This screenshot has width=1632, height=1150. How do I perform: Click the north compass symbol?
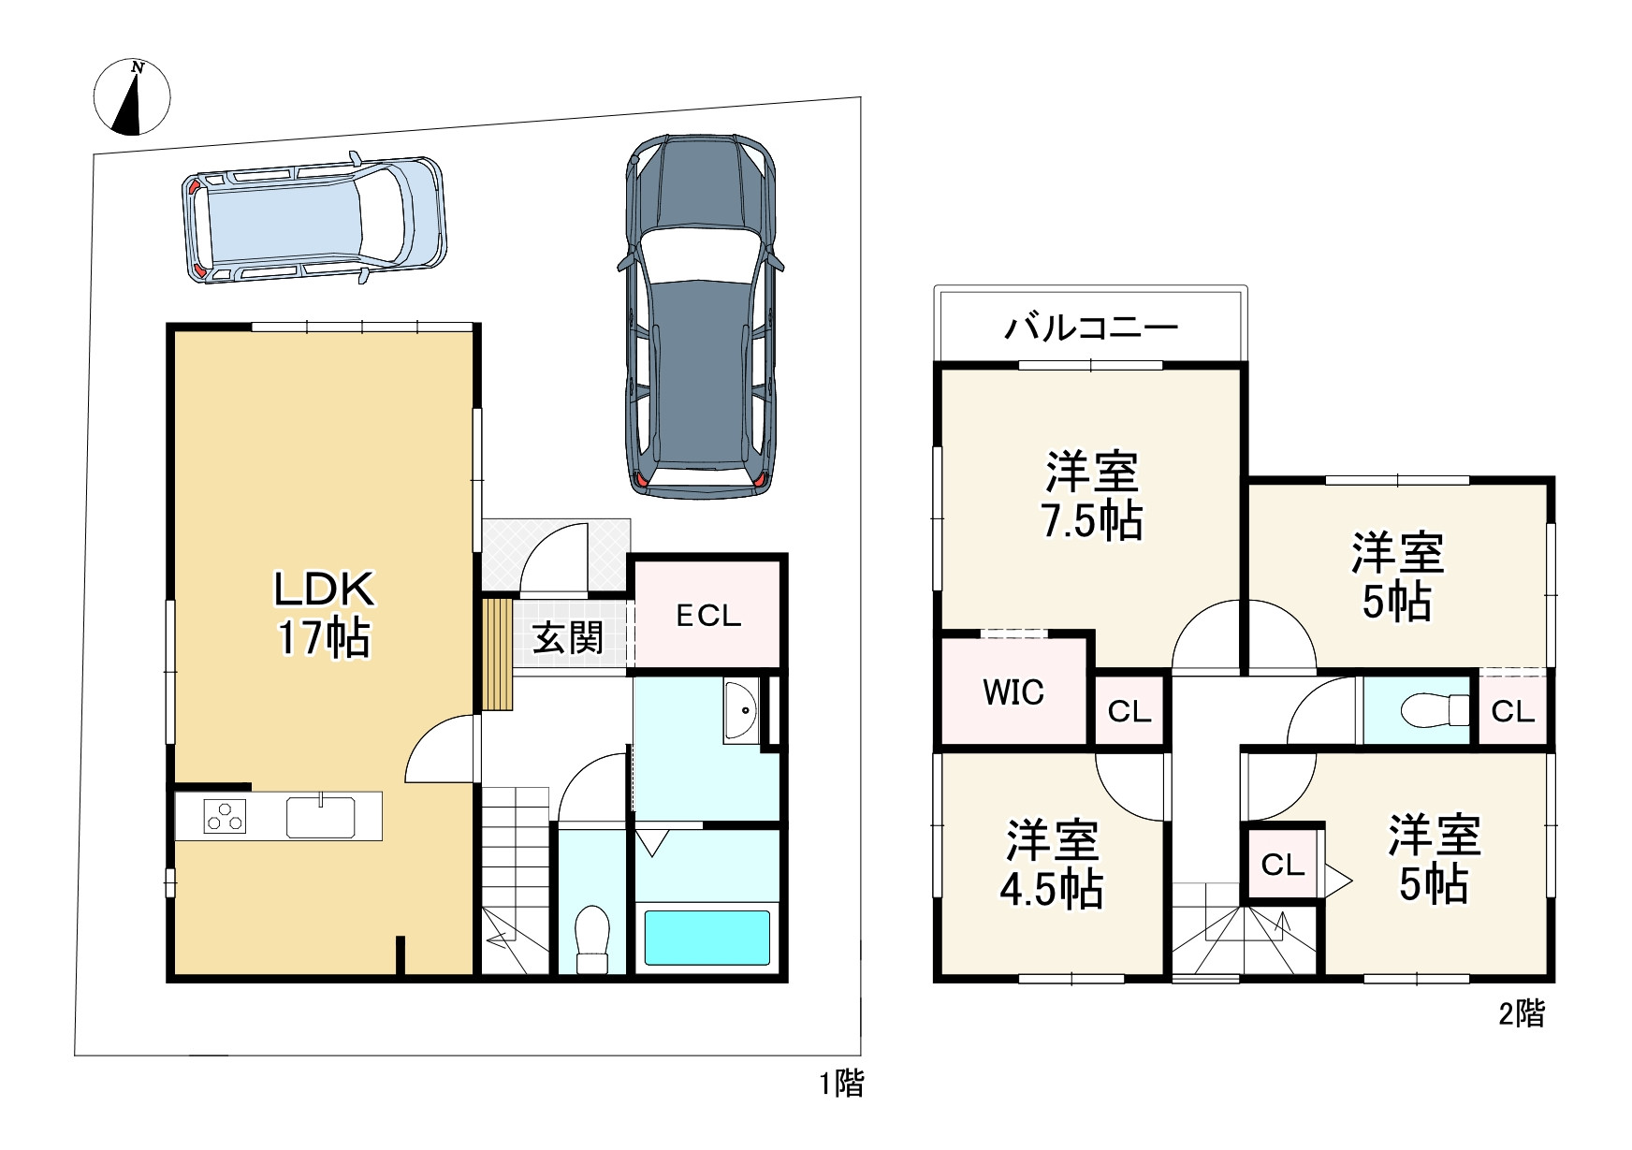[x=133, y=96]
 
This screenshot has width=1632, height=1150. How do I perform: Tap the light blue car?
[x=313, y=219]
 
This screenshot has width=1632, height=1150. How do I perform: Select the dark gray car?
[x=699, y=315]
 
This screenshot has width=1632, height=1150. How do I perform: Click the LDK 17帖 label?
[x=324, y=614]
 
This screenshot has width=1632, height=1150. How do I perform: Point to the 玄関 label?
[x=568, y=638]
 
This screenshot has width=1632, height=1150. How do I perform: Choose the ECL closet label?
[x=708, y=616]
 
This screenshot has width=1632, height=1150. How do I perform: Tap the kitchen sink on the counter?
[x=321, y=816]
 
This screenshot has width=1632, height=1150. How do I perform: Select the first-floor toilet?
[x=591, y=939]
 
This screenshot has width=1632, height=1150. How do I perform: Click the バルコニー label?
[x=1091, y=328]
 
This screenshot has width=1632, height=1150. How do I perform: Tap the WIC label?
[x=1014, y=692]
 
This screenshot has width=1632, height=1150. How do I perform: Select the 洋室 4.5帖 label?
[x=1052, y=865]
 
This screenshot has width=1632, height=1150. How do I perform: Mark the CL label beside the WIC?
[x=1129, y=712]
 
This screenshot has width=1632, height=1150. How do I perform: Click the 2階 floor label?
[x=1522, y=1013]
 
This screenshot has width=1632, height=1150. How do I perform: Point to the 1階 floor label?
[x=842, y=1084]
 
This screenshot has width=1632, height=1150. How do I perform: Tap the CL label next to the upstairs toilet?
[x=1513, y=712]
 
